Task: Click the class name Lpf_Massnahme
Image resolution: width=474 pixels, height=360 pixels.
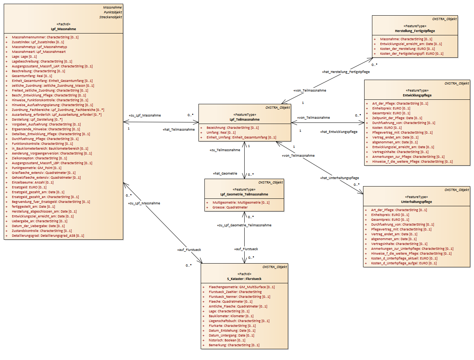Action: [x=63, y=29]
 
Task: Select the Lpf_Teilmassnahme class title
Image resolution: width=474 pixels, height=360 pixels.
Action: [x=245, y=120]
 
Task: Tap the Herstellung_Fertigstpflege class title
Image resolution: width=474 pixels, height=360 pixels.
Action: [x=415, y=31]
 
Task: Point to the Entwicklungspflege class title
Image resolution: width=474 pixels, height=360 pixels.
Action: [x=417, y=95]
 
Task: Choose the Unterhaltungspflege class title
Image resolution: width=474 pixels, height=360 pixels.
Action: [x=416, y=202]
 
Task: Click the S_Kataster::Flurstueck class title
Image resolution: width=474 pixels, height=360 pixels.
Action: [x=244, y=279]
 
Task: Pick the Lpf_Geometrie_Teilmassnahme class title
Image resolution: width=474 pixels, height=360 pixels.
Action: [x=244, y=194]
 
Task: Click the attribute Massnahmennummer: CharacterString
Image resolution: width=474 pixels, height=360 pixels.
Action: [x=45, y=37]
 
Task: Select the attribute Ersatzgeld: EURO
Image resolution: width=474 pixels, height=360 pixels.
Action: [x=29, y=187]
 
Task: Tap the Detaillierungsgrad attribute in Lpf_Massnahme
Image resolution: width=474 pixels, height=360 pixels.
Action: [x=48, y=236]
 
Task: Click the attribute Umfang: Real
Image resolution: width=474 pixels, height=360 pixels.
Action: [x=221, y=133]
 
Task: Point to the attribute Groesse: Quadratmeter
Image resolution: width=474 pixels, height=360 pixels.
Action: [x=230, y=207]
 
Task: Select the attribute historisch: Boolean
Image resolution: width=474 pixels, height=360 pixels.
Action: [x=227, y=340]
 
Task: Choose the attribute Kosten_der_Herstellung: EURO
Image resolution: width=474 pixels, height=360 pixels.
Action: [x=407, y=49]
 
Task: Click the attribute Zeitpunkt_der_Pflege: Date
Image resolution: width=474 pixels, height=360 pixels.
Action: [x=397, y=118]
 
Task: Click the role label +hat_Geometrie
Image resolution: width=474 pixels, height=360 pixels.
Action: [x=225, y=173]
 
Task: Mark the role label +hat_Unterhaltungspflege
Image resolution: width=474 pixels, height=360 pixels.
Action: [x=340, y=178]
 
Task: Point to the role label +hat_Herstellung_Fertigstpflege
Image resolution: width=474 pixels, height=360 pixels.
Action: [x=346, y=72]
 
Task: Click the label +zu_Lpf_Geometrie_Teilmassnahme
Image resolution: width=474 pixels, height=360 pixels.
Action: [x=244, y=225]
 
